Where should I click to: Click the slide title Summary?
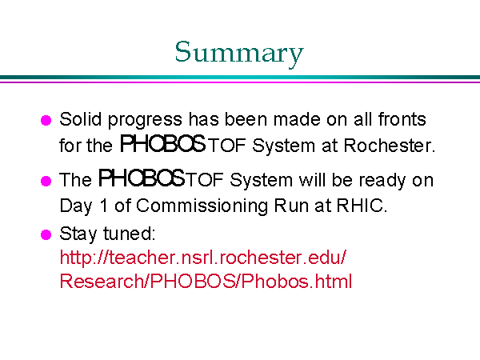pyautogui.click(x=239, y=53)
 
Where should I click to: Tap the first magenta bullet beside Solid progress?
pyautogui.click(x=46, y=120)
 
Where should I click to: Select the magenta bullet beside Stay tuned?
pyautogui.click(x=46, y=234)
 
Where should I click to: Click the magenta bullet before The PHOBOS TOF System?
pyautogui.click(x=46, y=181)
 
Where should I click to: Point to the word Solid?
pyautogui.click(x=81, y=118)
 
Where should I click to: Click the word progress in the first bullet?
pyautogui.click(x=145, y=121)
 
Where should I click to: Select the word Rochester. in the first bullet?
pyautogui.click(x=389, y=145)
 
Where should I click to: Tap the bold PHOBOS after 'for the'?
pyautogui.click(x=162, y=143)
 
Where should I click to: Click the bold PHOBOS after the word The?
pyautogui.click(x=142, y=178)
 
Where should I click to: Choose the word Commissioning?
pyautogui.click(x=202, y=206)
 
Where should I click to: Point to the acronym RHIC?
pyautogui.click(x=362, y=205)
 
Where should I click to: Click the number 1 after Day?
pyautogui.click(x=104, y=205)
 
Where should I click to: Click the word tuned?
pyautogui.click(x=130, y=234)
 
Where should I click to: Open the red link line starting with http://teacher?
pyautogui.click(x=203, y=257)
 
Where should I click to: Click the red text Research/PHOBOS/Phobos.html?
pyautogui.click(x=206, y=281)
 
